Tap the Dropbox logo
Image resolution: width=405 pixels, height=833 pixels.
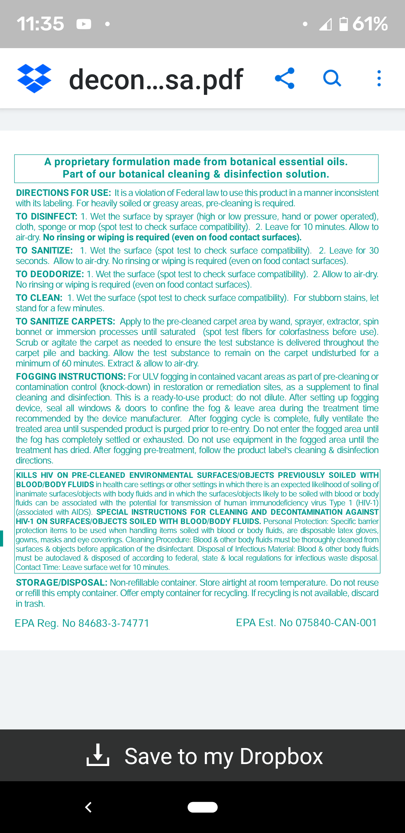click(34, 79)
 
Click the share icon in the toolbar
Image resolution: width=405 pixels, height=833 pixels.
click(285, 78)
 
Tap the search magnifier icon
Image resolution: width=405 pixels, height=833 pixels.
click(332, 78)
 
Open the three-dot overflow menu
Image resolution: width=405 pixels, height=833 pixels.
click(379, 78)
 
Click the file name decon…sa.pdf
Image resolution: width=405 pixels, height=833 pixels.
click(156, 79)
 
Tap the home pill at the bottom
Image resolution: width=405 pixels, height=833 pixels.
click(202, 807)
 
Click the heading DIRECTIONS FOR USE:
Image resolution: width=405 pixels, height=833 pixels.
click(63, 193)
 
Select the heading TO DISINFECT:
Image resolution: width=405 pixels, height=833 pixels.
click(46, 216)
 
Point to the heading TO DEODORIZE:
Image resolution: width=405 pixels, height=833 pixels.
click(50, 274)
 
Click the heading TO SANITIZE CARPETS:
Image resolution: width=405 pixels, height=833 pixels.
click(66, 321)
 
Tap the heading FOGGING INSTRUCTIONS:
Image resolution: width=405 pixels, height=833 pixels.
click(71, 377)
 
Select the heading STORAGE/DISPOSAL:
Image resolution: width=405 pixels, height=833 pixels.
click(61, 583)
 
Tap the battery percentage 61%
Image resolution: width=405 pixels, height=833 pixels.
click(370, 24)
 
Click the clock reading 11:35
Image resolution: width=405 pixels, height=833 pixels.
click(40, 24)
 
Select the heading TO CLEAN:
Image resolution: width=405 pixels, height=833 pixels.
click(39, 298)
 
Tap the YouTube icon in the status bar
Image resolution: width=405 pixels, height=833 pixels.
click(84, 24)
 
